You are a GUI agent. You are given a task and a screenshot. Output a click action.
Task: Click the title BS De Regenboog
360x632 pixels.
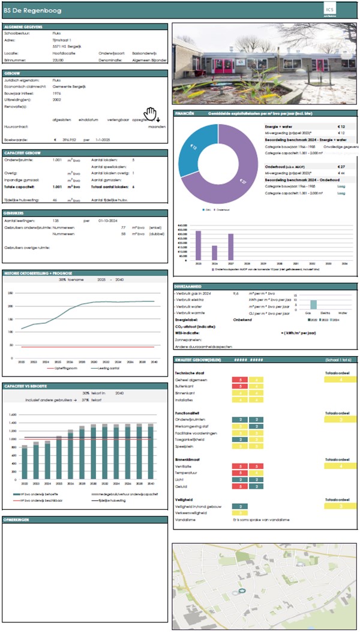29,9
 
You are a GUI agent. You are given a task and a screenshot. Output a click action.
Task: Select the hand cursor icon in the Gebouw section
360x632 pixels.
149,113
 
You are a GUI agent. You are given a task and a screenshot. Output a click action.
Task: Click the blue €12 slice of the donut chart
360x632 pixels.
195,148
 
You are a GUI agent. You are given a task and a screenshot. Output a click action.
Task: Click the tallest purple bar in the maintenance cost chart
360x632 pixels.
198,245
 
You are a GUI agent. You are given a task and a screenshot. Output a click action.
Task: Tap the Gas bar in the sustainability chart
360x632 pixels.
313,304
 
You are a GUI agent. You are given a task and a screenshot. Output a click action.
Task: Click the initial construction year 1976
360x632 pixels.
57,94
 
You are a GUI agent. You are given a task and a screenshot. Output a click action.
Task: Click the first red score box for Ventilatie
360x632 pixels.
241,465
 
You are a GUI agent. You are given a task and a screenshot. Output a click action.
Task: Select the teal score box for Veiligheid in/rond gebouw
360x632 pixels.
241,507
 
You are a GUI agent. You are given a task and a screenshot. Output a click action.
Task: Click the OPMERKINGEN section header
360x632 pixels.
17,520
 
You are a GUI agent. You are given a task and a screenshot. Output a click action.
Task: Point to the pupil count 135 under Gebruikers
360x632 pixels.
57,221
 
